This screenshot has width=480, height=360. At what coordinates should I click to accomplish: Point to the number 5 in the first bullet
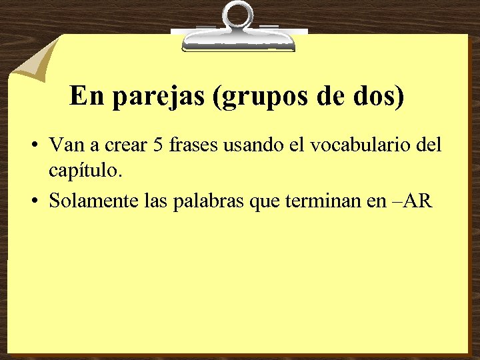tap(158, 145)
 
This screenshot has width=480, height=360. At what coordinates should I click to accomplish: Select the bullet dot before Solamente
tap(34, 201)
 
